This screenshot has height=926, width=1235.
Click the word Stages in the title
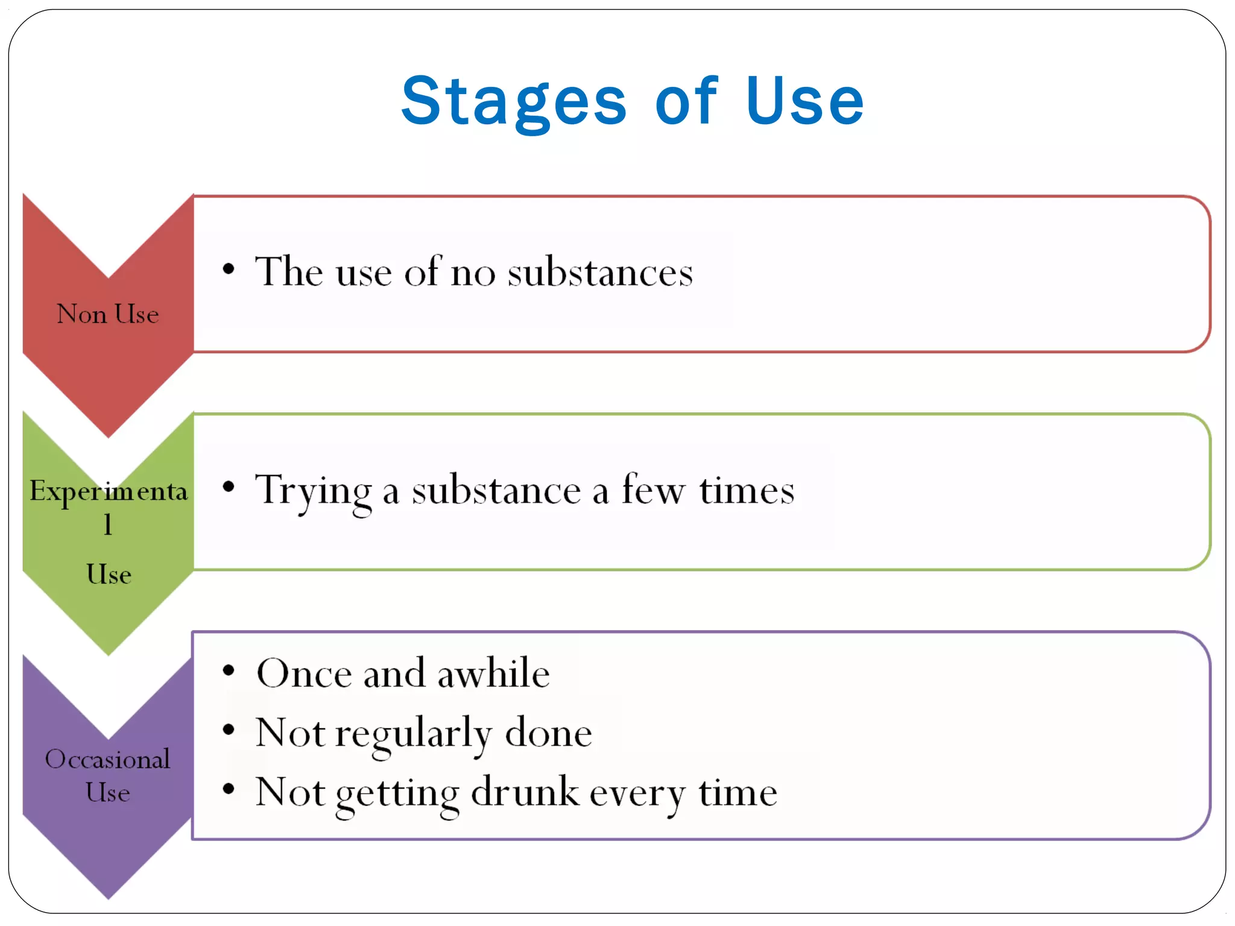click(514, 102)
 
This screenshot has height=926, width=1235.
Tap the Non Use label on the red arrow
click(107, 314)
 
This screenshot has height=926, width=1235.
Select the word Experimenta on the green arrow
click(109, 491)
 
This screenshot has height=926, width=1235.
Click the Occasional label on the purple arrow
click(107, 759)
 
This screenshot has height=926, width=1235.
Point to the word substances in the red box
click(600, 272)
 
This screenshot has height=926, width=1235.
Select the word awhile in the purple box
click(493, 673)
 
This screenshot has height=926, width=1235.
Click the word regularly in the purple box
click(414, 734)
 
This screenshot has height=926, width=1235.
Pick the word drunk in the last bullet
click(525, 792)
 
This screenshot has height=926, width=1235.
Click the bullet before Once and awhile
click(228, 670)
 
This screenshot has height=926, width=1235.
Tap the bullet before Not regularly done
click(228, 730)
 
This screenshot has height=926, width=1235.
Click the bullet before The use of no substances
click(228, 269)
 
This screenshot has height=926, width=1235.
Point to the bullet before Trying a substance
click(228, 487)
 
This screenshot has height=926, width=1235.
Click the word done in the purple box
click(548, 734)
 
